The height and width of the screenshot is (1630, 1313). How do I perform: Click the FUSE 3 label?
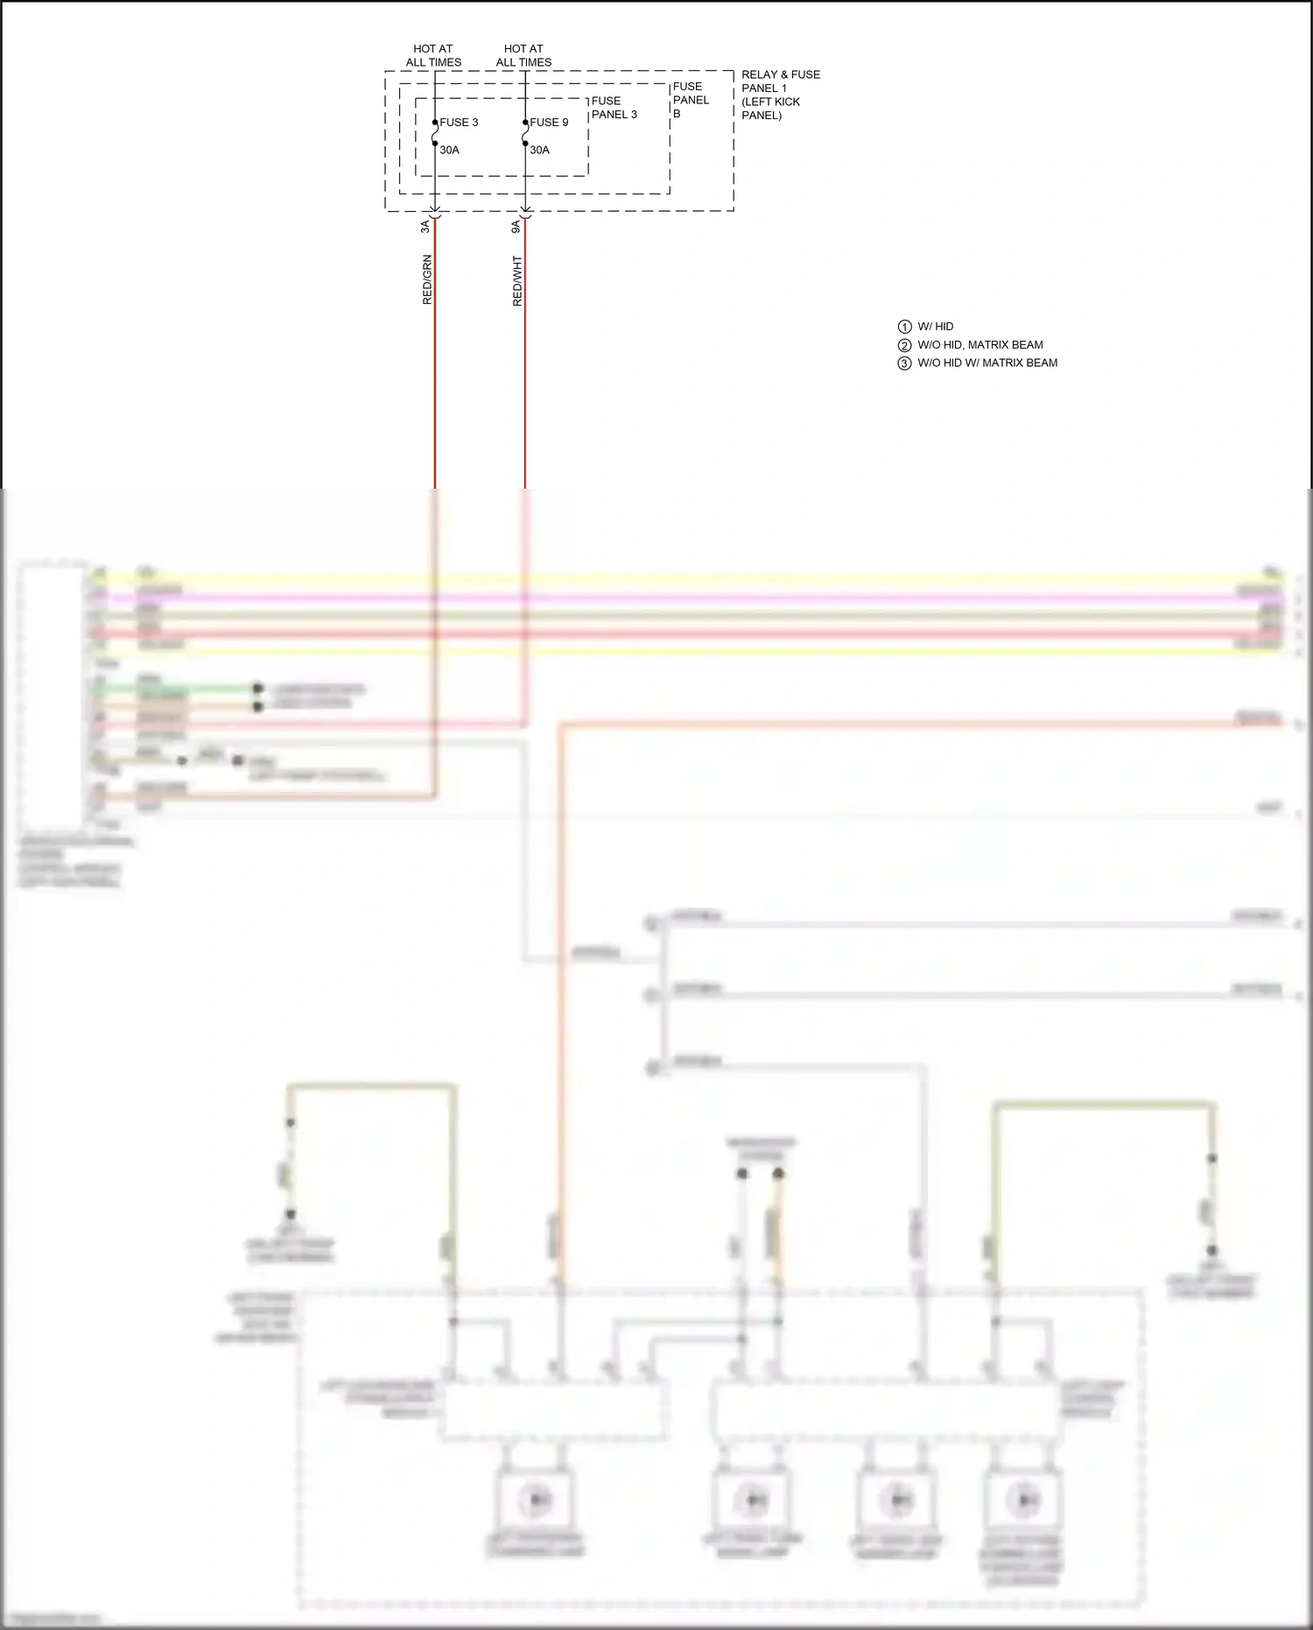click(459, 123)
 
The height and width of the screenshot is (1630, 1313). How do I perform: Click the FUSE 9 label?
click(549, 123)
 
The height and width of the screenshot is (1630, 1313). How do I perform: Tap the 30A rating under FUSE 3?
click(449, 150)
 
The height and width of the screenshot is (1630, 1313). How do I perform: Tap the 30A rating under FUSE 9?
click(539, 150)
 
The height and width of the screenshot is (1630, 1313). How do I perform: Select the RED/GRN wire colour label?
click(427, 279)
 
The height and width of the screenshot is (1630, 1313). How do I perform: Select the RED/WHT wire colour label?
click(517, 280)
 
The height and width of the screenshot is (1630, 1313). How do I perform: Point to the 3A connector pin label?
click(425, 226)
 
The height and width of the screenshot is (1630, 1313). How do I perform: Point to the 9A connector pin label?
click(516, 226)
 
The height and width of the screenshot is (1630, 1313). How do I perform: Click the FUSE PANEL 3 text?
click(614, 108)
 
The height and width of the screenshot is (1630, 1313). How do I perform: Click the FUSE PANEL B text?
click(691, 100)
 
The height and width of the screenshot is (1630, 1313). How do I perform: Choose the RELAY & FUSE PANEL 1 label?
click(780, 81)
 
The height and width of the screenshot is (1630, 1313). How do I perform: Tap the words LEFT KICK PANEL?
click(770, 109)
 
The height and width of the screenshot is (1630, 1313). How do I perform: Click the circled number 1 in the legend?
click(905, 327)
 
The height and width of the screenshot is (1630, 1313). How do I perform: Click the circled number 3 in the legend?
click(905, 363)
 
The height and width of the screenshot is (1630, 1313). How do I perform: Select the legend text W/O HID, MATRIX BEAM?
click(979, 345)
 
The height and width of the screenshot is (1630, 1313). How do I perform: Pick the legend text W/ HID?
click(935, 327)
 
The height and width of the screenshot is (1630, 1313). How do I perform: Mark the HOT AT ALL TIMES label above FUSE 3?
click(433, 55)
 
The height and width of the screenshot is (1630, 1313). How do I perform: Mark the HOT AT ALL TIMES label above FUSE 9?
click(523, 55)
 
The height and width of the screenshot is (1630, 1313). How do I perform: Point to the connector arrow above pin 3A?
click(435, 213)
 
